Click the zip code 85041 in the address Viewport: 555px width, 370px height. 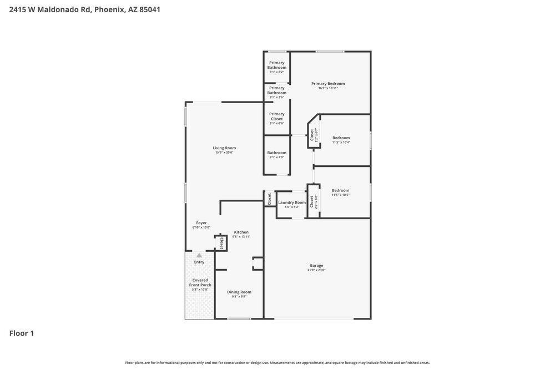[150, 9]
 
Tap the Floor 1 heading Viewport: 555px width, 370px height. [22, 333]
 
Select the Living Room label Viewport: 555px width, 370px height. [224, 148]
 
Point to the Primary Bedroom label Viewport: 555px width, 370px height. [328, 83]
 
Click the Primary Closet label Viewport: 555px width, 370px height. [277, 116]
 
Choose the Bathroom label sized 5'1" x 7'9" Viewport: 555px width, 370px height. [277, 153]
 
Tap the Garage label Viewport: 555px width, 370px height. [316, 265]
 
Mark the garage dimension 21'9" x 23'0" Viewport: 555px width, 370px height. [316, 270]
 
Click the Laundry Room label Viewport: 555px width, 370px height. [292, 202]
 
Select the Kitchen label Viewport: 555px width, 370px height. [241, 232]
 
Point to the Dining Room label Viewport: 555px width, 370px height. [239, 292]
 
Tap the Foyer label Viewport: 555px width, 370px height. [201, 222]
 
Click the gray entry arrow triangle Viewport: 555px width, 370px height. [199, 255]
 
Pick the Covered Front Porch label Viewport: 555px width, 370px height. [200, 282]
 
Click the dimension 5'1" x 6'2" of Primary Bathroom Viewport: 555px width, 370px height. [277, 72]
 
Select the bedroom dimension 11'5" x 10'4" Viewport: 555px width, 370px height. [341, 143]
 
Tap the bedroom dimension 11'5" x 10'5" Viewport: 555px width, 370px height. [341, 195]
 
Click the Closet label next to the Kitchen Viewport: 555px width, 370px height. [221, 243]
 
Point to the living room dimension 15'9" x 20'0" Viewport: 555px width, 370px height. [224, 153]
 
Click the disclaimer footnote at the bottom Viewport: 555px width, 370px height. [277, 363]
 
